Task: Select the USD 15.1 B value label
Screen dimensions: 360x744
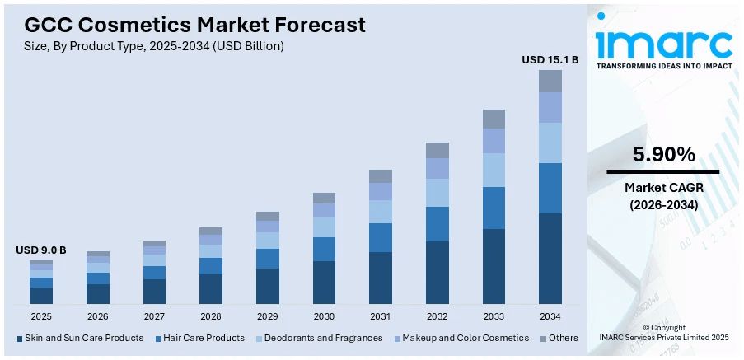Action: (x=550, y=59)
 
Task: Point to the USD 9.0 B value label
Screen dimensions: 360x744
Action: (x=40, y=250)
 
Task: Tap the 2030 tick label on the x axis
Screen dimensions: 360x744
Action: (x=324, y=316)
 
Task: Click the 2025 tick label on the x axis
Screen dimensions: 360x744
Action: (x=41, y=316)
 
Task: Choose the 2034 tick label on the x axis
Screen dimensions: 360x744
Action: (x=550, y=316)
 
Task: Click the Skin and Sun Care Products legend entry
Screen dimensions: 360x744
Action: (x=79, y=338)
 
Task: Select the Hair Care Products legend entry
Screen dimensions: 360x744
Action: (x=199, y=338)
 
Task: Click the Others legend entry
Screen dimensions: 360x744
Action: (x=559, y=338)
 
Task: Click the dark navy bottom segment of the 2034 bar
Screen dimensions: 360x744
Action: (x=550, y=258)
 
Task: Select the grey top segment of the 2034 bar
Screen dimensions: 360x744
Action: (x=550, y=81)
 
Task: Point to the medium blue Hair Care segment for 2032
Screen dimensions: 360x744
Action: (x=438, y=223)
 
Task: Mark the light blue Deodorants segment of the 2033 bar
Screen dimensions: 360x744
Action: (x=494, y=170)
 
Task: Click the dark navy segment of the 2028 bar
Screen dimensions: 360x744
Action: (x=211, y=288)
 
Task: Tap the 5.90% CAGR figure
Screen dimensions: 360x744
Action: (x=663, y=154)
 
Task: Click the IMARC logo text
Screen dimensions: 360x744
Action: (x=663, y=43)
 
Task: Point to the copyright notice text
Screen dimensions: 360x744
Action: (x=663, y=332)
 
